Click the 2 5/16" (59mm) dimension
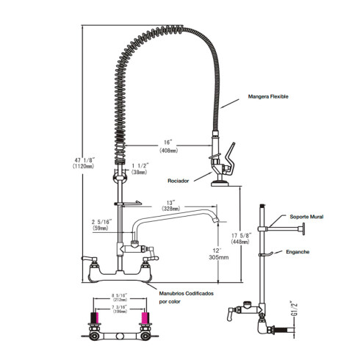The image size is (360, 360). tap(101, 223)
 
